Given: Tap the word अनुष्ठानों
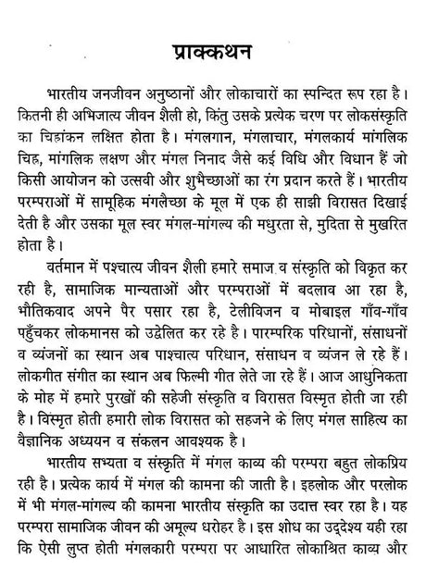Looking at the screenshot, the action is (169, 95).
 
